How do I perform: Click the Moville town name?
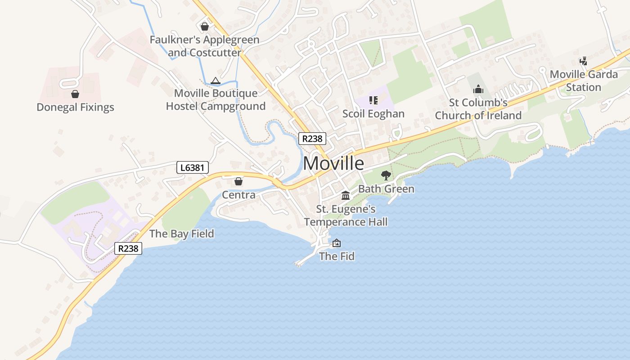(x=333, y=163)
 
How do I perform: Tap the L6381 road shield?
(x=192, y=168)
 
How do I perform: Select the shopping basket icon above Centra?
(x=238, y=181)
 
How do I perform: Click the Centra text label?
(x=238, y=195)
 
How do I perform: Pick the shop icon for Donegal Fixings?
(x=75, y=94)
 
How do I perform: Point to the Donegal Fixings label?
(x=75, y=107)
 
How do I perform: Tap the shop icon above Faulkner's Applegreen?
(x=205, y=27)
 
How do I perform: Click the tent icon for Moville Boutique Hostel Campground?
(x=215, y=81)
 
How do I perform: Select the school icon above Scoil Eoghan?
(x=373, y=100)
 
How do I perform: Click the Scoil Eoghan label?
(x=373, y=113)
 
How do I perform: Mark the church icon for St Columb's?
(x=478, y=90)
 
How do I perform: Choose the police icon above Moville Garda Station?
(x=584, y=61)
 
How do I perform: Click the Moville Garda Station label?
(x=584, y=81)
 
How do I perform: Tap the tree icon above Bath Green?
(x=386, y=175)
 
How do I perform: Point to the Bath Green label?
(x=386, y=189)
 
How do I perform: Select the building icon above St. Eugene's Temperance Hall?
(x=346, y=195)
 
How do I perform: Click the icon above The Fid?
(x=337, y=243)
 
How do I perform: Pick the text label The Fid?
(x=337, y=256)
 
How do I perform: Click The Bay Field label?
(x=181, y=234)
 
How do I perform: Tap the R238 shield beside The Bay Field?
(x=128, y=248)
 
